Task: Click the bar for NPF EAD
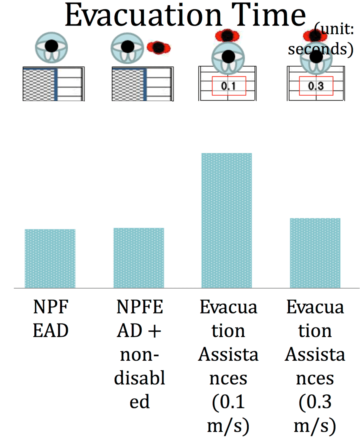click(50, 259)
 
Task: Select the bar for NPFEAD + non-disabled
click(139, 258)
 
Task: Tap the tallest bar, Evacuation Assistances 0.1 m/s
click(227, 221)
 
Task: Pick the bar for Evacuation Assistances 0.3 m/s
click(315, 253)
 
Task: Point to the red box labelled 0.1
click(229, 86)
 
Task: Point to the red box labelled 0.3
click(316, 86)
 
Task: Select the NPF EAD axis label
click(51, 319)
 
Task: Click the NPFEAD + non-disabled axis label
click(139, 354)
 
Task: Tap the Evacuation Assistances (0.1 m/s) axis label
click(228, 366)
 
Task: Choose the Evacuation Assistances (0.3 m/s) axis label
click(315, 366)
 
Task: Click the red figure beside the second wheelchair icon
click(159, 47)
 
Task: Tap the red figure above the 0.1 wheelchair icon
click(227, 35)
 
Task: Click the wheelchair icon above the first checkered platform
click(51, 47)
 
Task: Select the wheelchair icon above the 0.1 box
click(228, 58)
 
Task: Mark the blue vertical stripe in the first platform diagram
click(56, 84)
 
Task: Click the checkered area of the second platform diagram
click(128, 84)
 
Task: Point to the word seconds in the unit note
click(320, 49)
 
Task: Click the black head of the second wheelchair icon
click(128, 46)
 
